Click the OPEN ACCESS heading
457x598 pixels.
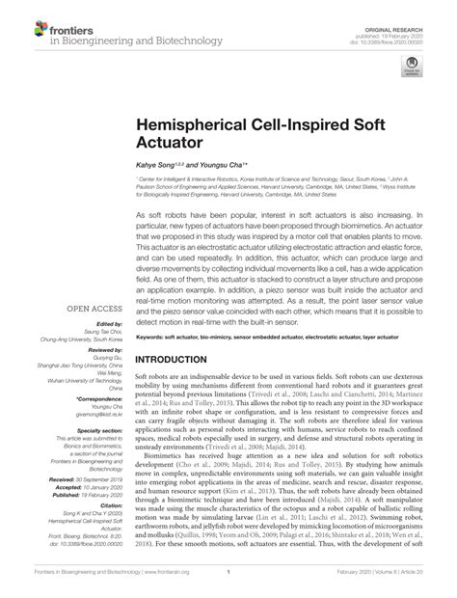pos(93,309)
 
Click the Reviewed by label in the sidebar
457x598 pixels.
pos(99,350)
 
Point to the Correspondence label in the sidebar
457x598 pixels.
pos(95,395)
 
